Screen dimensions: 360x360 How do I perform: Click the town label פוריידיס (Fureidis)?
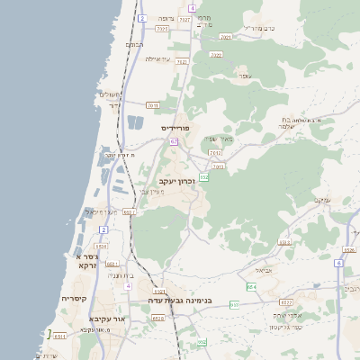[180, 129]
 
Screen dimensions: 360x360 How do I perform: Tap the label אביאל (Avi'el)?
[263, 270]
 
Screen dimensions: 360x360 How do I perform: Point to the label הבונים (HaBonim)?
[134, 43]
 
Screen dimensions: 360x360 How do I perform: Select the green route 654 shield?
[251, 286]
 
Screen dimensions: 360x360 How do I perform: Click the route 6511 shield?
[59, 336]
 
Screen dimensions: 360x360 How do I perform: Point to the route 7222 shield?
[215, 54]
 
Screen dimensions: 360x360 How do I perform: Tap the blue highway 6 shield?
[338, 264]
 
